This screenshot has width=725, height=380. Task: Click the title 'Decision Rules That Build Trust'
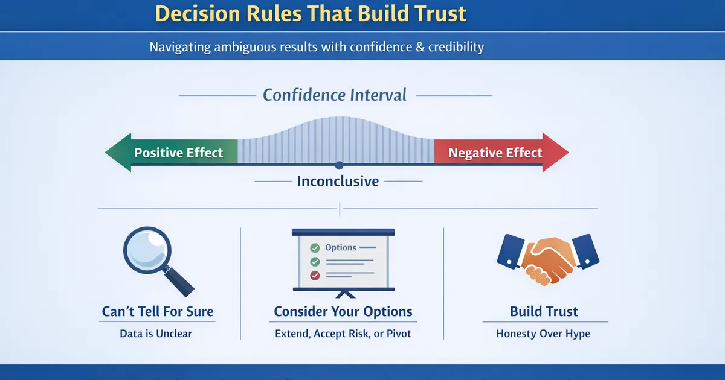(x=311, y=13)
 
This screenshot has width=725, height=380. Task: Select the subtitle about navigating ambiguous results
(x=317, y=46)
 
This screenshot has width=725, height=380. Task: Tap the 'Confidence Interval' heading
(x=335, y=95)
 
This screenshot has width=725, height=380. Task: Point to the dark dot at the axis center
(x=339, y=165)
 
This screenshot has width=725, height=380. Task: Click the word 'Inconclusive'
(x=338, y=181)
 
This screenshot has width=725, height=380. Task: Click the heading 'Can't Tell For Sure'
(x=158, y=312)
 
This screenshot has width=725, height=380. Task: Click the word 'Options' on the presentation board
(x=341, y=248)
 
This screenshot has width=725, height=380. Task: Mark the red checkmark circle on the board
(x=314, y=276)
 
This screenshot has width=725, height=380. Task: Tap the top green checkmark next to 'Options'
(x=314, y=248)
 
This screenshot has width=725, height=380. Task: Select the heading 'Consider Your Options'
(x=343, y=312)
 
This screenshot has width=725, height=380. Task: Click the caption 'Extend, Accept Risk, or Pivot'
(x=343, y=334)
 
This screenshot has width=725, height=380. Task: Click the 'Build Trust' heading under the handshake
(x=544, y=312)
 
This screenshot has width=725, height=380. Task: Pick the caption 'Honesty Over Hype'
(x=543, y=334)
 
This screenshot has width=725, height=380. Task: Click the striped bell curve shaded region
(x=336, y=142)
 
